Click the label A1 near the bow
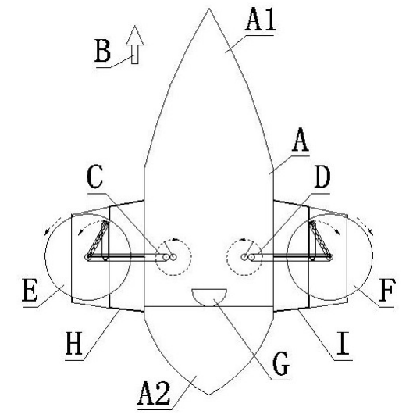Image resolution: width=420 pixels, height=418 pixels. coord(261,20)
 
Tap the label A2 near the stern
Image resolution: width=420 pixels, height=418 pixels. coord(154,393)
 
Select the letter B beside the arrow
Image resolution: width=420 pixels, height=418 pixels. coord(102,51)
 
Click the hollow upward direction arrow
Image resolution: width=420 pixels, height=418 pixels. coord(135,45)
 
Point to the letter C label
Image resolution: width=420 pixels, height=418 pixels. coord(94,177)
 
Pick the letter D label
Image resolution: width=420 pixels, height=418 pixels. coord(322,177)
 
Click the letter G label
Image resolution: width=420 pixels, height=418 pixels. coord(280,363)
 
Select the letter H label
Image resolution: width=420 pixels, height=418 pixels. coord(73,344)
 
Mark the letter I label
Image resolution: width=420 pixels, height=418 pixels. coord(343,344)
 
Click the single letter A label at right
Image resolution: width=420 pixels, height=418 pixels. coord(301,139)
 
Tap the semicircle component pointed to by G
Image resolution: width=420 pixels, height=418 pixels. coord(209,298)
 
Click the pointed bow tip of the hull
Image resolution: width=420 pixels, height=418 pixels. coord(209,9)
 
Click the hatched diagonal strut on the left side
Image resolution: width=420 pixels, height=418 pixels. coord(98,238)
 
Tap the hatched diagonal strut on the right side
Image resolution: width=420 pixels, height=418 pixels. coord(320,238)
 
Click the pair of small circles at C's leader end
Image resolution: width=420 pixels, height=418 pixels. coord(170,257)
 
